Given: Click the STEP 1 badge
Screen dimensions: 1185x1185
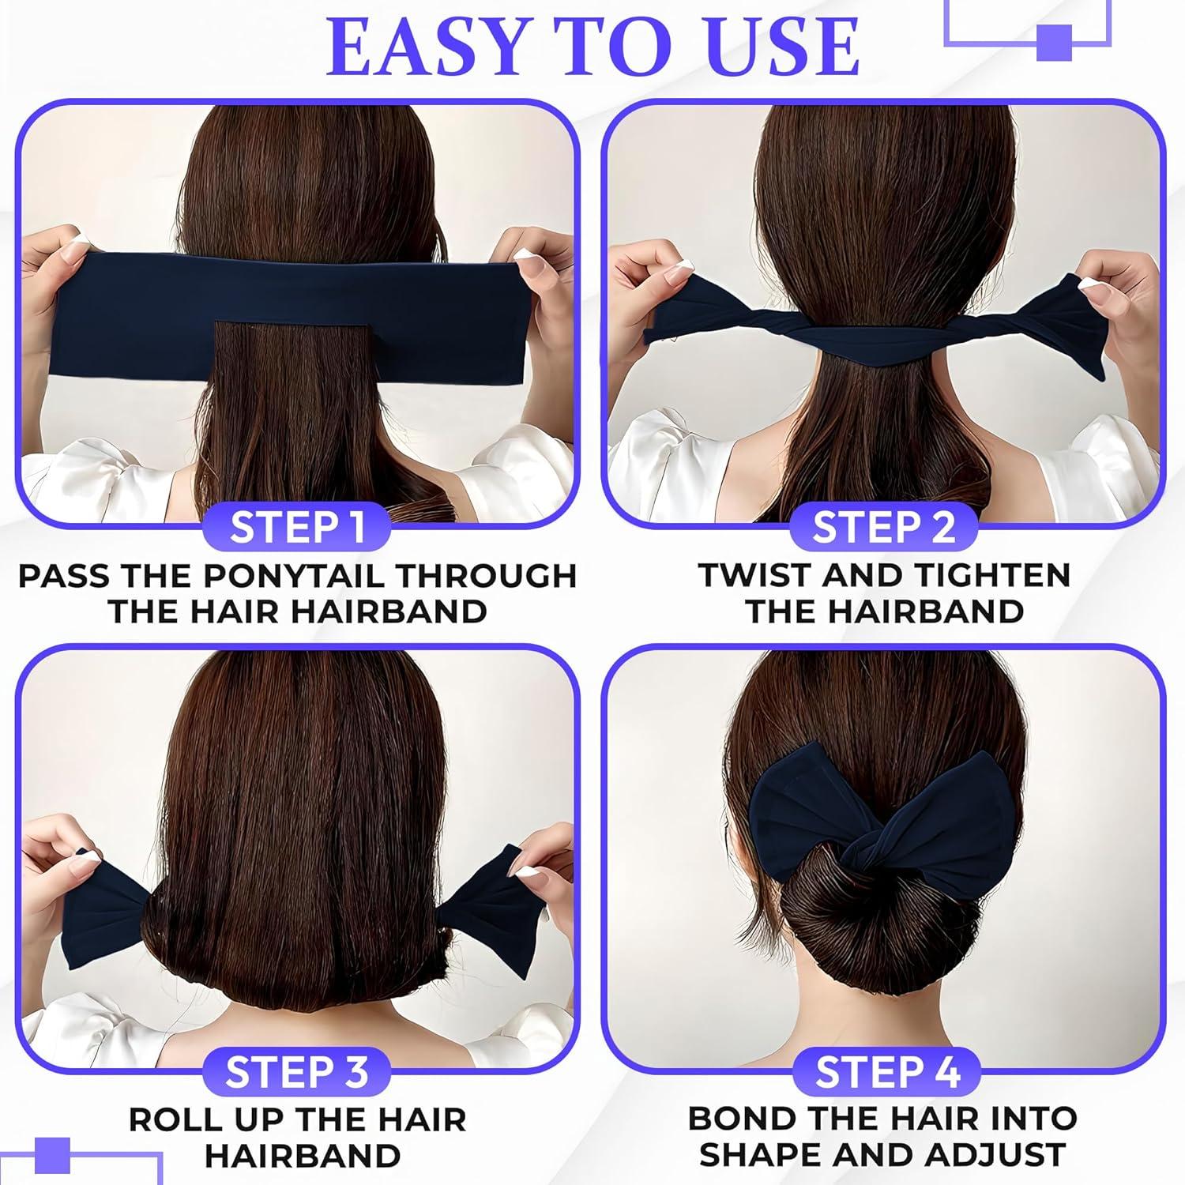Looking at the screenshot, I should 296,528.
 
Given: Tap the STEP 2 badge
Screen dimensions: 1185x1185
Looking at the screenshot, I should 884,527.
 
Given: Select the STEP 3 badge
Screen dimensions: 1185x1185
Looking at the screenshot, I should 296,1072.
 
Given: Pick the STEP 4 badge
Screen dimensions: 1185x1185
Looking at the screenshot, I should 886,1072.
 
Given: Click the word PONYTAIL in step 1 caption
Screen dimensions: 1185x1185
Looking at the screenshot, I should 296,576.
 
